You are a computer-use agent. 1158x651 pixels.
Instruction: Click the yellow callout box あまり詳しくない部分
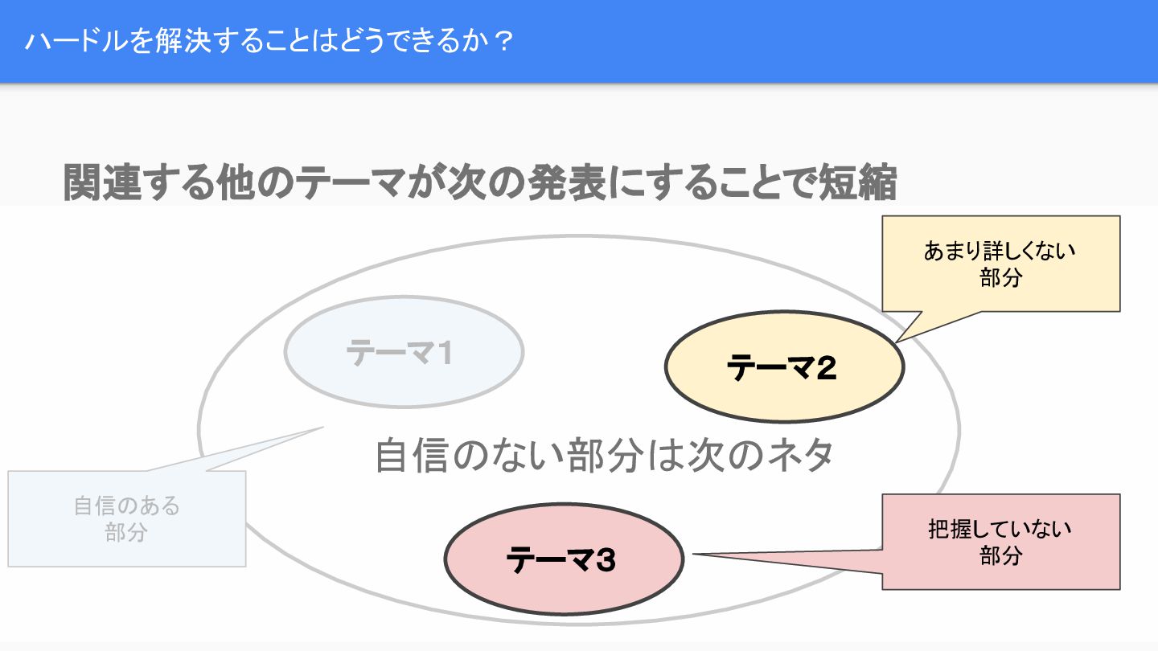[x=1000, y=263]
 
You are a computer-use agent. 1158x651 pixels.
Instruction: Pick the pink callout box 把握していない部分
[x=1000, y=542]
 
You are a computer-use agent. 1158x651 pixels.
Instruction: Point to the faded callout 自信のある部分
[x=126, y=518]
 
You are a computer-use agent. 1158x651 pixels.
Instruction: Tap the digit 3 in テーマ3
[x=605, y=559]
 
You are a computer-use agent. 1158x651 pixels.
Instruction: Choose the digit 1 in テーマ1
[x=441, y=353]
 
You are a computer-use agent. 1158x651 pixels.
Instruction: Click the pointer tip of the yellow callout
[x=897, y=342]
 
